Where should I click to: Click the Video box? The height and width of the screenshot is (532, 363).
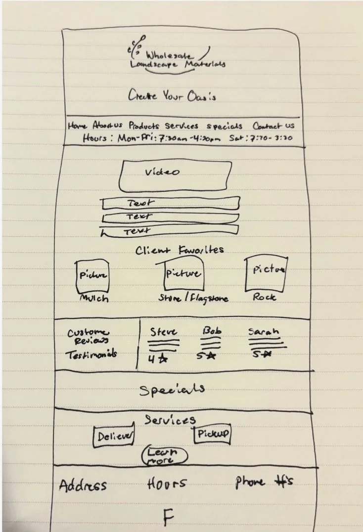click(175, 177)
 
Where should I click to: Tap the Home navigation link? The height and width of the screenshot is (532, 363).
click(77, 126)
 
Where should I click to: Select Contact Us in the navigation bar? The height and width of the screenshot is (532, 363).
click(273, 126)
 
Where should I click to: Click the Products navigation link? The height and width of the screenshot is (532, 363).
click(145, 126)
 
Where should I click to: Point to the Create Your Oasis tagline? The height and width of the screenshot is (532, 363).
click(172, 95)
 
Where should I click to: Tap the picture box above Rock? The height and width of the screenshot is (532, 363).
click(267, 273)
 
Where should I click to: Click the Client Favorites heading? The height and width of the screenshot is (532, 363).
click(180, 250)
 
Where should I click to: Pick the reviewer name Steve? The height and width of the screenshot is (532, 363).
click(163, 331)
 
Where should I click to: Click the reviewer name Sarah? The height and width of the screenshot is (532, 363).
click(264, 331)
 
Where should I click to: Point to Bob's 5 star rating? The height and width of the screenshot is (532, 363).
click(209, 356)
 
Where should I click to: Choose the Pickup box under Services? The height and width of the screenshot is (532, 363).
click(213, 434)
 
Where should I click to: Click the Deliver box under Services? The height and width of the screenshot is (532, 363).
click(114, 436)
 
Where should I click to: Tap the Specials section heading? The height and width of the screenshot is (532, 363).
click(172, 390)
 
